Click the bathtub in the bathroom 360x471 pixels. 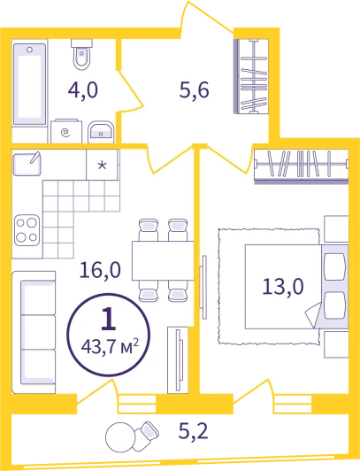[x=30, y=84]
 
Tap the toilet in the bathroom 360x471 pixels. [x=81, y=55]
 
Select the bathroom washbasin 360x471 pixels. [x=101, y=132]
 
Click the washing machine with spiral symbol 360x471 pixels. [x=66, y=131]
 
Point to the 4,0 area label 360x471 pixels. [x=83, y=90]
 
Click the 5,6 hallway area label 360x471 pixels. [x=194, y=90]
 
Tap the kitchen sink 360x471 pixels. [x=27, y=164]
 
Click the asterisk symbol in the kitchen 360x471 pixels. [x=103, y=166]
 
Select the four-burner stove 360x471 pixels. [x=27, y=230]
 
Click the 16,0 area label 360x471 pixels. [x=100, y=270]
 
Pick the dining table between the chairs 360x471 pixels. [x=163, y=260]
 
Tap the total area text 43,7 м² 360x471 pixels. [x=110, y=347]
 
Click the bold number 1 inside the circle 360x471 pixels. [x=108, y=320]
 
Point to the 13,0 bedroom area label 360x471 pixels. [x=283, y=286]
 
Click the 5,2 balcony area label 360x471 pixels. [x=194, y=432]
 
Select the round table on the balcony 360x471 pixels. [x=120, y=437]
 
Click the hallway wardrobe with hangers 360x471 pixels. [x=251, y=77]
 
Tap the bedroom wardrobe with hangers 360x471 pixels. [x=302, y=165]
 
